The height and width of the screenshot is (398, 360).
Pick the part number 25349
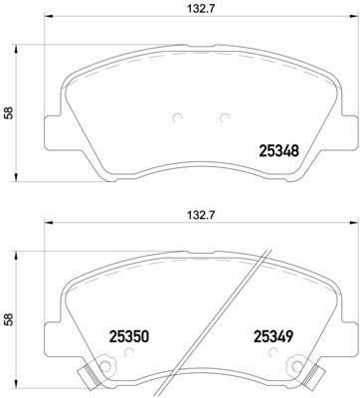(271, 337)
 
